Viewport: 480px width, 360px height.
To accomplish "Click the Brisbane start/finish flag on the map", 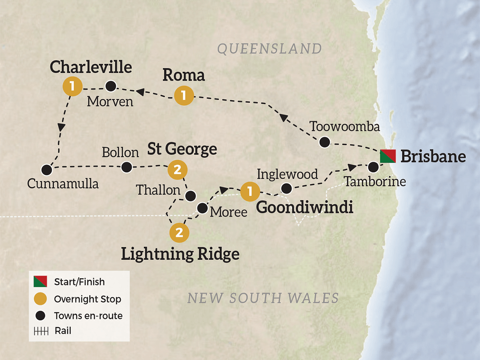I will coord(388,156).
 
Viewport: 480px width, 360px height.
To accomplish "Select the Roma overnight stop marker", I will coord(184,96).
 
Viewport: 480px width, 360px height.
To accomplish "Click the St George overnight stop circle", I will coord(177,169).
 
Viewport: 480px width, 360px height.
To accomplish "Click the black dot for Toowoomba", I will coord(325,142).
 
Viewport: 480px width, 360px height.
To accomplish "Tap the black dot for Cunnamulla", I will coord(46,169).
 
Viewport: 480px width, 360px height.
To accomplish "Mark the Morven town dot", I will coord(110,85).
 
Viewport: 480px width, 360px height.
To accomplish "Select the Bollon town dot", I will coord(127,167).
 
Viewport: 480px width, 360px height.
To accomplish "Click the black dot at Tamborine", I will coord(373,167).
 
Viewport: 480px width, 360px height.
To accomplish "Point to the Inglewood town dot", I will coord(287,188).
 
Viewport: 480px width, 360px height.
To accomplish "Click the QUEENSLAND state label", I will coord(269,48).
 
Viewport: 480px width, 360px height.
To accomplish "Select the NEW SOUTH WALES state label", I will coord(263,298).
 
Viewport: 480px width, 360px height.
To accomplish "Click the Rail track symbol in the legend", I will coord(40,331).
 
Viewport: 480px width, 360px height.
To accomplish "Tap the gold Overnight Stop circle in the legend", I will coord(40,299).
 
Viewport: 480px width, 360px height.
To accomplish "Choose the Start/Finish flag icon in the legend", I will coord(40,282).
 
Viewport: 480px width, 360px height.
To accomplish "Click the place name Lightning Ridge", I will coord(180,253).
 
